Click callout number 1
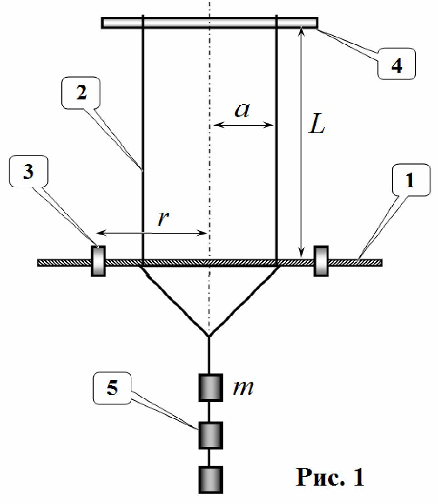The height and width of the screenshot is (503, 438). (x=410, y=180)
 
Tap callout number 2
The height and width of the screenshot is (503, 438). (x=82, y=93)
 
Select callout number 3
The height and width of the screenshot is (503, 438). (x=28, y=172)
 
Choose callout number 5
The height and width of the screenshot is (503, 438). (x=112, y=388)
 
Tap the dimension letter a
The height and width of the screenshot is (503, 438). (x=242, y=110)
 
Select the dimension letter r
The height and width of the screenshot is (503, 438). (x=163, y=219)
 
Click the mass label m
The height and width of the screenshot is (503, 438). (x=243, y=388)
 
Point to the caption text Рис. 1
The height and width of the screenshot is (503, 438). (x=330, y=477)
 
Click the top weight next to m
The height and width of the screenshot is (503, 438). (x=210, y=388)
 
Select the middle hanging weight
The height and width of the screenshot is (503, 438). (x=210, y=435)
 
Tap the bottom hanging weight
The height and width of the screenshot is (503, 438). (x=210, y=479)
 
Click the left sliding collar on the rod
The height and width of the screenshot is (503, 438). (x=98, y=261)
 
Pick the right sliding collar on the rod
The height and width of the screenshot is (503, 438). (x=321, y=261)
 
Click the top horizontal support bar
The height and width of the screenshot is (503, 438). (x=210, y=23)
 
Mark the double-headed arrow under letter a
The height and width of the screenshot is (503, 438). (x=243, y=125)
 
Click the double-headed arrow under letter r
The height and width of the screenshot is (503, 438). (x=151, y=233)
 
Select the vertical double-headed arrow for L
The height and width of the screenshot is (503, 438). (x=301, y=142)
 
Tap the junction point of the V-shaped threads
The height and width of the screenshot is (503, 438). (x=209, y=336)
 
